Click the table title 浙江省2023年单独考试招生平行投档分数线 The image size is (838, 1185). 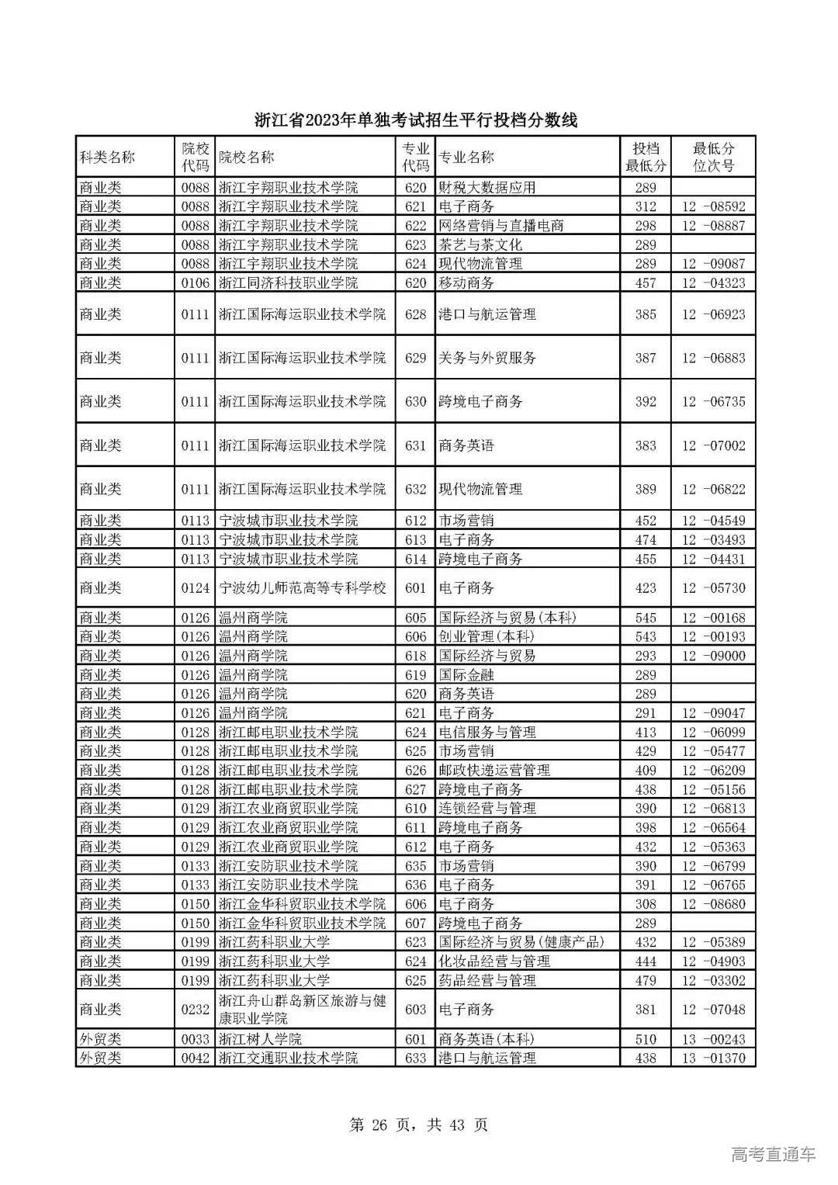(417, 120)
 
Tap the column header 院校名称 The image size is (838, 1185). (247, 157)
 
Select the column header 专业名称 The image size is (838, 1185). (466, 157)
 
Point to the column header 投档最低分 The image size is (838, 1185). (646, 157)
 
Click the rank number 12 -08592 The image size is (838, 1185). (713, 206)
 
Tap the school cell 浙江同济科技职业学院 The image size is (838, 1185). (289, 282)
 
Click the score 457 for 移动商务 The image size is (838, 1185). (646, 282)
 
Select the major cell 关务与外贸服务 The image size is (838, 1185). (487, 358)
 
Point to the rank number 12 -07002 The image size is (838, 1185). (713, 445)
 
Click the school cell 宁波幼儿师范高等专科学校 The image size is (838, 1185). (303, 588)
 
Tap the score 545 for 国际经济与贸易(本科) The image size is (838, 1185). (646, 618)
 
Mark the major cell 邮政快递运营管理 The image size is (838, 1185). (494, 770)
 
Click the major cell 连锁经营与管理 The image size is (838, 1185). (487, 808)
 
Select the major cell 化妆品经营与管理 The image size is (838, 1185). (494, 961)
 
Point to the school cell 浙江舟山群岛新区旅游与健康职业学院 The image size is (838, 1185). (303, 1009)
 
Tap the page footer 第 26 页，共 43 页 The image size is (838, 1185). (419, 1124)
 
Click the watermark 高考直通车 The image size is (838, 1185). (774, 1155)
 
